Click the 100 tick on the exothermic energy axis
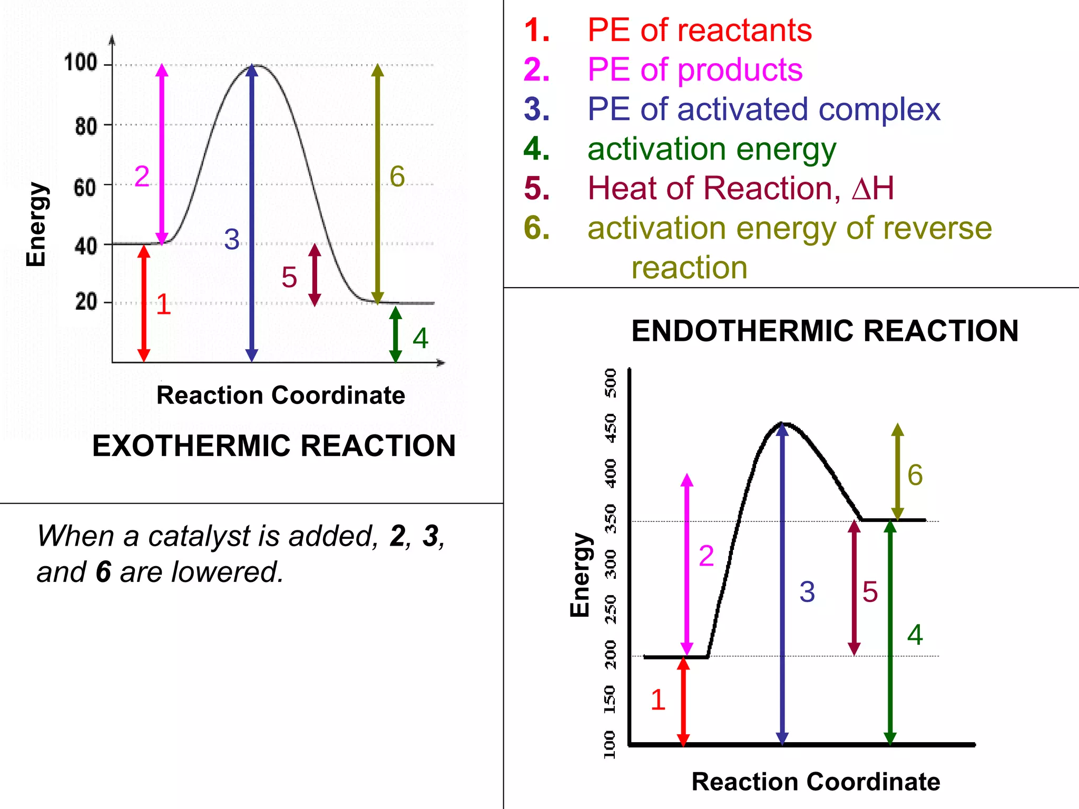[x=81, y=63]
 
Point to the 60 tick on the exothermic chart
[x=85, y=187]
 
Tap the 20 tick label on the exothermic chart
[x=86, y=302]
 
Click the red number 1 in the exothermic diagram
[x=163, y=304]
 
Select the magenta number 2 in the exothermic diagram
[x=142, y=176]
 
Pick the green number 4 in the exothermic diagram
[x=420, y=338]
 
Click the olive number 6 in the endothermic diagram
[x=915, y=475]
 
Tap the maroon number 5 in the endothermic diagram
[x=870, y=591]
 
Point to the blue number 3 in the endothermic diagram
[x=807, y=591]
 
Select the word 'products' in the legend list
[x=740, y=70]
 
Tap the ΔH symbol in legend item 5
[x=872, y=189]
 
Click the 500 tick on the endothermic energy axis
[x=610, y=383]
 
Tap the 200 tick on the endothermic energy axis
[x=610, y=654]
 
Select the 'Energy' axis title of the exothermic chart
[x=36, y=224]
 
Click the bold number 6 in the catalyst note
[x=103, y=572]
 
